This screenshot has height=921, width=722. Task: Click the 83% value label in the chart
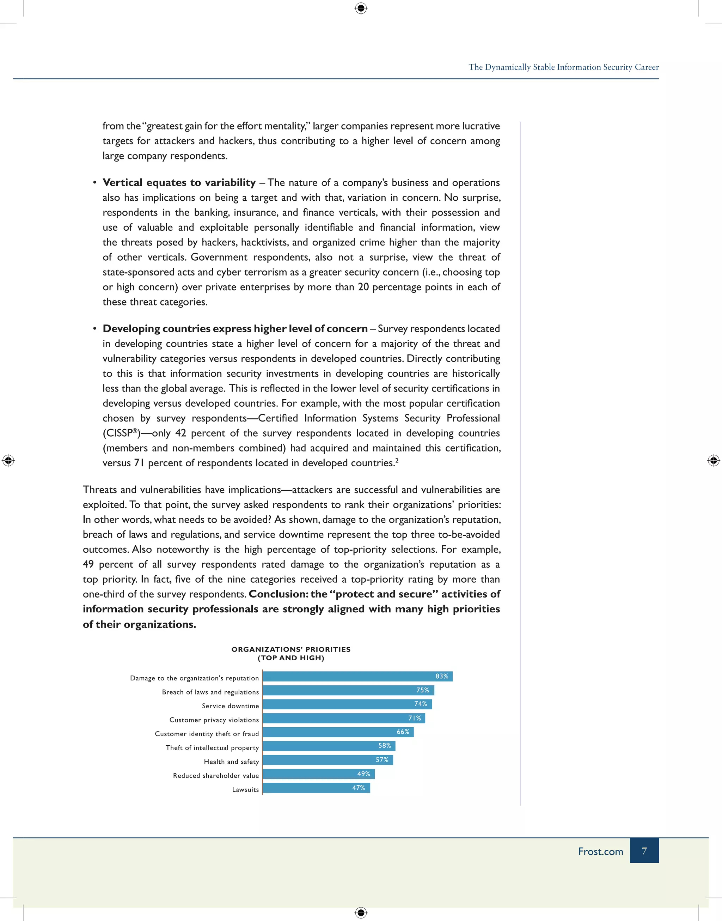(442, 676)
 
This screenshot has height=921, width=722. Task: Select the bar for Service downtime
(347, 704)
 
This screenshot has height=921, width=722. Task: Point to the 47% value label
(359, 788)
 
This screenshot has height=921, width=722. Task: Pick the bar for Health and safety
(328, 760)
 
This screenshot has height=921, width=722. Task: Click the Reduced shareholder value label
(216, 776)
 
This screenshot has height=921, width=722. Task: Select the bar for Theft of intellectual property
(329, 746)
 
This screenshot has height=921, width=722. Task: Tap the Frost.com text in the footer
(600, 851)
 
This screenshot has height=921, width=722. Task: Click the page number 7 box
(644, 851)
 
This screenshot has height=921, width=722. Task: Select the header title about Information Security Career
(563, 67)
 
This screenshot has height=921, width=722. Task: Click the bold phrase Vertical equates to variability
(179, 183)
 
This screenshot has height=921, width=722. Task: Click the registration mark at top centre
(361, 8)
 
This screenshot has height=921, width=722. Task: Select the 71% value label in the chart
(414, 718)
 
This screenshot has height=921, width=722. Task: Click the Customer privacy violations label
(214, 720)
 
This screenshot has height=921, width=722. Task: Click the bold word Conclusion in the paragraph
(278, 594)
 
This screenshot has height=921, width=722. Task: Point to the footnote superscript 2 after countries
(397, 460)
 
